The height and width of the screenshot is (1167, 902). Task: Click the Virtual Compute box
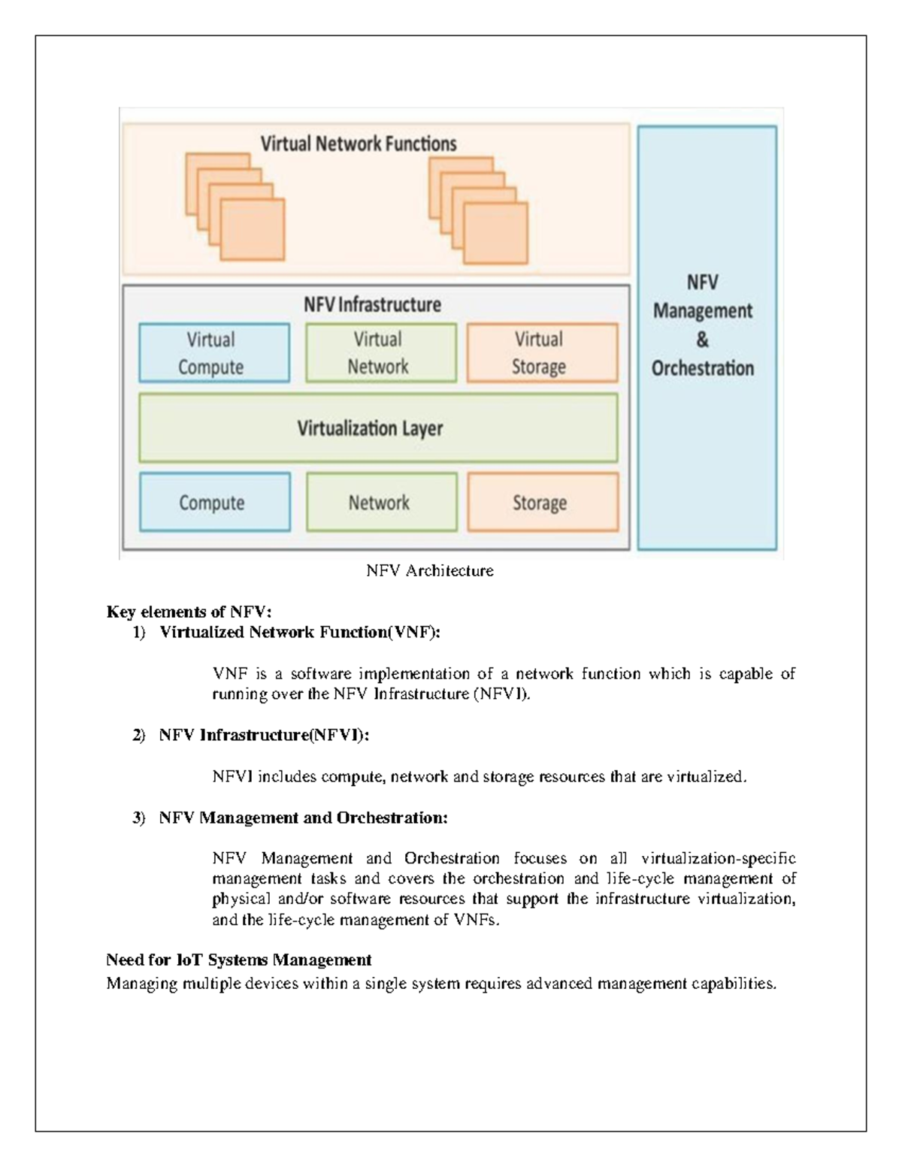(213, 353)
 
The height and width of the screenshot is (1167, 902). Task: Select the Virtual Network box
(380, 353)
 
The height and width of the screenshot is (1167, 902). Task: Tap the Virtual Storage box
(542, 353)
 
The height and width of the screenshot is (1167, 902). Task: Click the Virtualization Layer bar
(378, 428)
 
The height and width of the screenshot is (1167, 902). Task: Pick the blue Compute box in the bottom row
(214, 502)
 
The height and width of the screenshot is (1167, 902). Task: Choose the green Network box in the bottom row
(381, 502)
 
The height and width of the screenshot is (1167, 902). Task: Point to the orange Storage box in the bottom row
(543, 502)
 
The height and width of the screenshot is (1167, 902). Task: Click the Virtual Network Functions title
(359, 144)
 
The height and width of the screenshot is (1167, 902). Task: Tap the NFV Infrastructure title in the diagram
(372, 304)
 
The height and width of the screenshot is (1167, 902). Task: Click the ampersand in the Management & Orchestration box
(702, 340)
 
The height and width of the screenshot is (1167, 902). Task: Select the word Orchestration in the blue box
(702, 368)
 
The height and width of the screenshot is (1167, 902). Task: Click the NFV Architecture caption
(429, 571)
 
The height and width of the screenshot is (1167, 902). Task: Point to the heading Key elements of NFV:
(189, 612)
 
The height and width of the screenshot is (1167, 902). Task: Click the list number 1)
(138, 633)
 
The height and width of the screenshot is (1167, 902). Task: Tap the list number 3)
(138, 818)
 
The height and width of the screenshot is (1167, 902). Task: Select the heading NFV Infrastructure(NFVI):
(264, 736)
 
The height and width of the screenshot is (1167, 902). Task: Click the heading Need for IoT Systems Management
(239, 960)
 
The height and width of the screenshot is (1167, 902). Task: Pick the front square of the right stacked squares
(495, 232)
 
